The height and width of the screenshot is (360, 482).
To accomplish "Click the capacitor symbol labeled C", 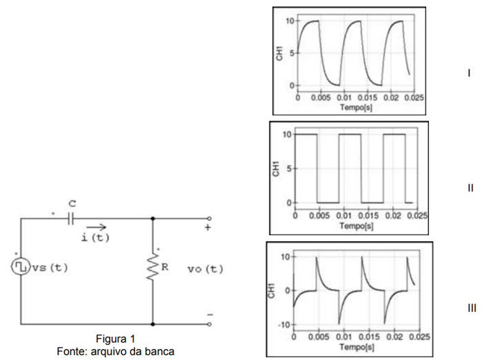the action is [71, 219].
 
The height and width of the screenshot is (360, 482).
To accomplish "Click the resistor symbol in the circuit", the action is [153, 267].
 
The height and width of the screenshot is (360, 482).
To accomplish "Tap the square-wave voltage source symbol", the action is [21, 266].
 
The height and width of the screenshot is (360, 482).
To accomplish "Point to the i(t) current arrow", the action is [97, 228].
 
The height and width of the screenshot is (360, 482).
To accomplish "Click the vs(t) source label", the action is [50, 268].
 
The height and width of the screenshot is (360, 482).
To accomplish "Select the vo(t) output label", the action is [205, 269].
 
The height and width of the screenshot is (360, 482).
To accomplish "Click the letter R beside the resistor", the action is [165, 267].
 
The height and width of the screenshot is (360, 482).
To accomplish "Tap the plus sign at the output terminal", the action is [208, 228].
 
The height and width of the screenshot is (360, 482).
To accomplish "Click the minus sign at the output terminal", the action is [210, 314].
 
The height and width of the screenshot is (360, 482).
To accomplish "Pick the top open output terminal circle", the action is [210, 219].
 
